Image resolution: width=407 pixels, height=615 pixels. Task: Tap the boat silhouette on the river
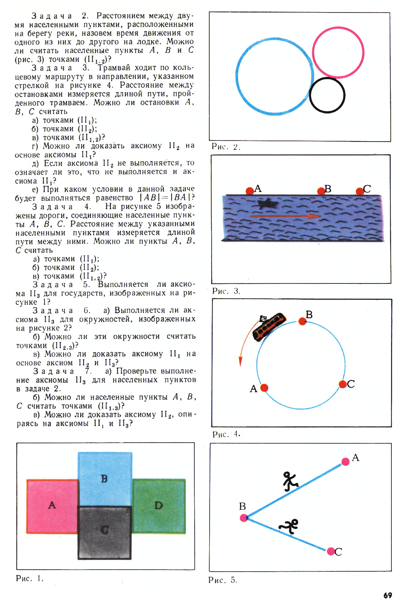(x=268, y=203)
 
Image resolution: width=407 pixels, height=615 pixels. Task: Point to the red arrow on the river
(x=285, y=216)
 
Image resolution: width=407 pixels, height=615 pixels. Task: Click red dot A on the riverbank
(x=250, y=191)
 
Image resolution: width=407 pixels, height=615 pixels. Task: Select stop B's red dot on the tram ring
(x=302, y=321)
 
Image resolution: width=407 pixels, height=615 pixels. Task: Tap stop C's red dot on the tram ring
(x=343, y=384)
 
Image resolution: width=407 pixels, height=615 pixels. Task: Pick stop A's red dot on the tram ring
(x=264, y=388)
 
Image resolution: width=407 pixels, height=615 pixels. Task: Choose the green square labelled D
(x=159, y=506)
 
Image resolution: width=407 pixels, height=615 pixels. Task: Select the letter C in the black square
(x=105, y=530)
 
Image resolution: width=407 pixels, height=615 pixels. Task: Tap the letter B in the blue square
(x=104, y=479)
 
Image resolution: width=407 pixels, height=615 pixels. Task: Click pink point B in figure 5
(x=244, y=517)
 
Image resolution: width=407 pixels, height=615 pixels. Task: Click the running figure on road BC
(x=289, y=526)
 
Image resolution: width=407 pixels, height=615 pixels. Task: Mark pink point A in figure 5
(x=345, y=462)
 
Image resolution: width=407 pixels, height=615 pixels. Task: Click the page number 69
(x=388, y=595)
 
